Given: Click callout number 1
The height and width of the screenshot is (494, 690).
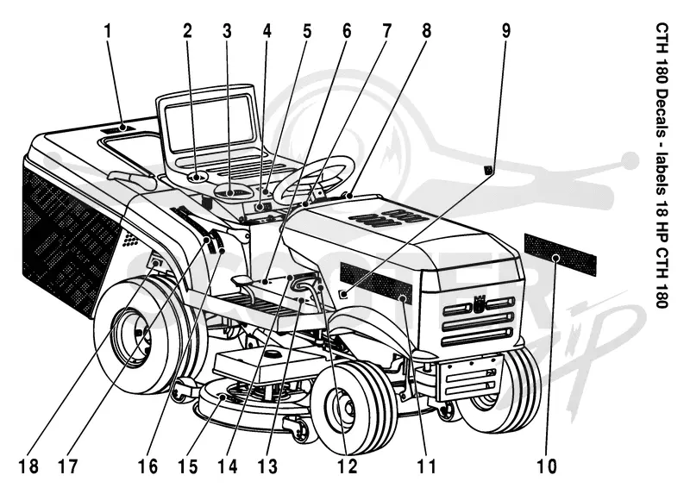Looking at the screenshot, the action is pos(108,32).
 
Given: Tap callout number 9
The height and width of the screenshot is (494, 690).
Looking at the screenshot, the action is pos(506,32).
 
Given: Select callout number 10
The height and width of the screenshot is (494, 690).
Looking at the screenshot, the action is pos(547,466).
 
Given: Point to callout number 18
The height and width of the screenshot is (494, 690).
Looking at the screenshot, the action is pos(28,466).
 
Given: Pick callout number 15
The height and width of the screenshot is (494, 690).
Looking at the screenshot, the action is pos(188,466).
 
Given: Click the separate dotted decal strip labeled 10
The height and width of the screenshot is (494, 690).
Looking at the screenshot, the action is pos(560,254).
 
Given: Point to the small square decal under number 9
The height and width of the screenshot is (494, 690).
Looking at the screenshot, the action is pos(487,170).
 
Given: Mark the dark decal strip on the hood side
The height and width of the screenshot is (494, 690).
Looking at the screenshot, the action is pos(376,284).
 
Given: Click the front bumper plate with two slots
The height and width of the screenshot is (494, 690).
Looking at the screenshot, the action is pos(472,378).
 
